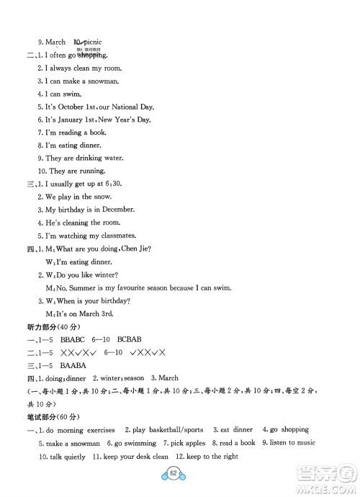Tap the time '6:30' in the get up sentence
coord(113,184)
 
